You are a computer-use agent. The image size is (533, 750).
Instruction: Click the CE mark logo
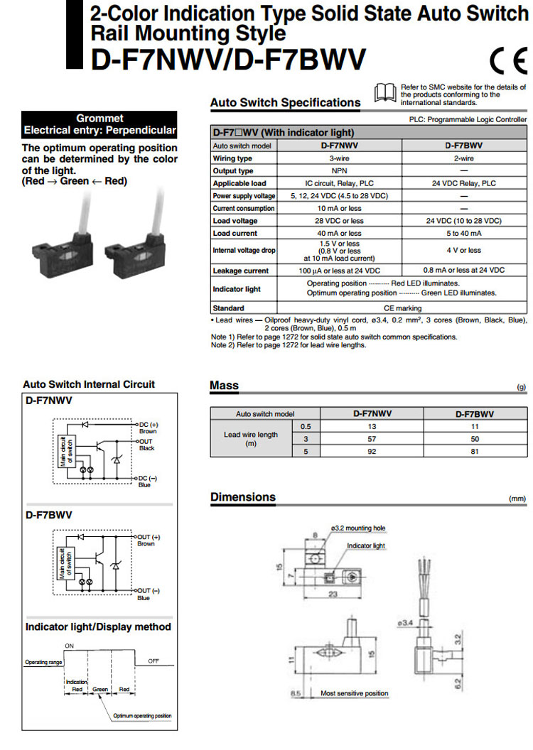[507, 60]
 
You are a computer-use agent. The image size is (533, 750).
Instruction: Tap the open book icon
[384, 92]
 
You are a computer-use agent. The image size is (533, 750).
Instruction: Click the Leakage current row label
[241, 271]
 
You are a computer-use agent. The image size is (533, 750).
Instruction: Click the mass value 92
[372, 451]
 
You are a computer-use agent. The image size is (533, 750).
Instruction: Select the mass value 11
[475, 426]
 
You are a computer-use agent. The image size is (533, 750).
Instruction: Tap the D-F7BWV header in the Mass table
[475, 413]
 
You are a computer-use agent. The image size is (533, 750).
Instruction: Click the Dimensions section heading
[243, 497]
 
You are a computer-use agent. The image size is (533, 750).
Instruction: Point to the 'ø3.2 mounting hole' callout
[358, 528]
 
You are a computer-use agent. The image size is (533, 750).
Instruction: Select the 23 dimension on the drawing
[333, 596]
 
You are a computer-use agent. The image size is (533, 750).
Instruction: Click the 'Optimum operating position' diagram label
[142, 716]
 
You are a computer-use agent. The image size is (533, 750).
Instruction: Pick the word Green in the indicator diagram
[100, 689]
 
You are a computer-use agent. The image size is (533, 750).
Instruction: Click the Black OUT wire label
[147, 448]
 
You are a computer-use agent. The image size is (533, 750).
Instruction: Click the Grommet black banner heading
[99, 124]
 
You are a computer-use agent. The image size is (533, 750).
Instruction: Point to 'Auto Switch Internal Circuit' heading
[89, 384]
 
